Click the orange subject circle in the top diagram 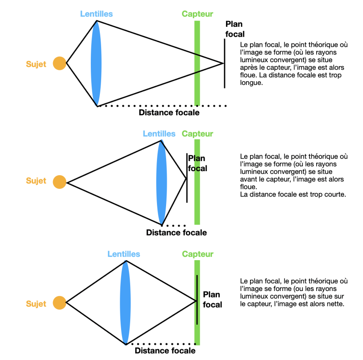pyautogui.click(x=59, y=64)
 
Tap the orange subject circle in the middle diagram pyautogui.click(x=59, y=182)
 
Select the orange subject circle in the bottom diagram pyautogui.click(x=59, y=303)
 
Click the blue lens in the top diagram pyautogui.click(x=96, y=64)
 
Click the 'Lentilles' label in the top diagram pyautogui.click(x=96, y=14)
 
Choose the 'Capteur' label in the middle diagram pyautogui.click(x=197, y=134)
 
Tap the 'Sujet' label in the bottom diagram pyautogui.click(x=36, y=304)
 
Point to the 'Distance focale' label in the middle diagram pyautogui.click(x=176, y=232)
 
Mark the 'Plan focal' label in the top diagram pyautogui.click(x=235, y=29)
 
